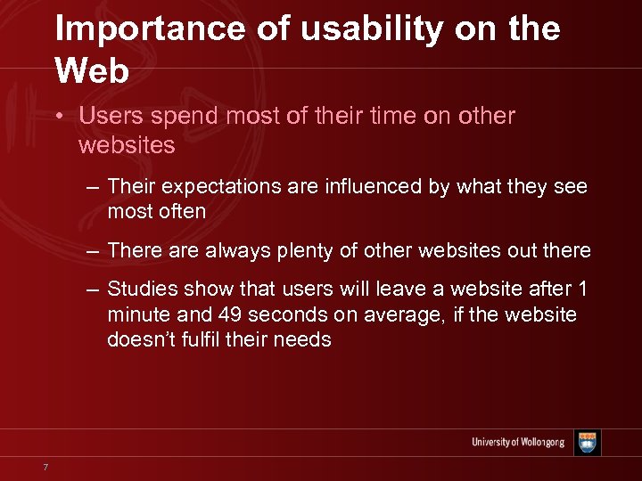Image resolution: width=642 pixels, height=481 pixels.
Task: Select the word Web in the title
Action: (x=92, y=69)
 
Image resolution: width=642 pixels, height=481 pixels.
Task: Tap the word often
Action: (x=182, y=211)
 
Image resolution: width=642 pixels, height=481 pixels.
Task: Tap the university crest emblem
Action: (x=588, y=443)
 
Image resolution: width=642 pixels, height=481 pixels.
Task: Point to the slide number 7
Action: (x=45, y=467)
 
